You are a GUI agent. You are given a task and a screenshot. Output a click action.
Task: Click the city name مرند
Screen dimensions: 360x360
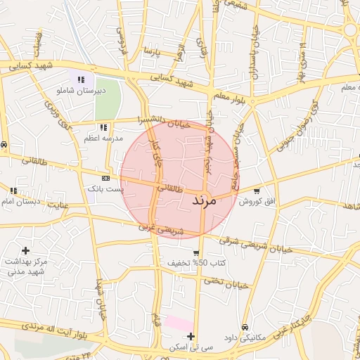click(x=206, y=200)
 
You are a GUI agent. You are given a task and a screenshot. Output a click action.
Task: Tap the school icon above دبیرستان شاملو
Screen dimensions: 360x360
click(x=82, y=80)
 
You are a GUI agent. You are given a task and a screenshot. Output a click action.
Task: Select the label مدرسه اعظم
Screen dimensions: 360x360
click(x=103, y=139)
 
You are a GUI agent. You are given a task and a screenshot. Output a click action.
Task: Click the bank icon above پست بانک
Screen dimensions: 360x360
click(x=105, y=179)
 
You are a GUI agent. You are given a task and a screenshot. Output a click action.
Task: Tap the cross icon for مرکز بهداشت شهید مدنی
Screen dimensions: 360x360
click(x=26, y=250)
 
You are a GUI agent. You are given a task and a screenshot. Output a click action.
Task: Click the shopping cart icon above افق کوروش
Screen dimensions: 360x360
click(x=256, y=191)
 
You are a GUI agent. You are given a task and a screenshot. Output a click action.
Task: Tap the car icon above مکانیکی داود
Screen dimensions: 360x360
click(x=244, y=327)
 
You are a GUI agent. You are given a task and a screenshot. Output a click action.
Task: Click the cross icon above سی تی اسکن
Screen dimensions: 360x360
click(x=191, y=336)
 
